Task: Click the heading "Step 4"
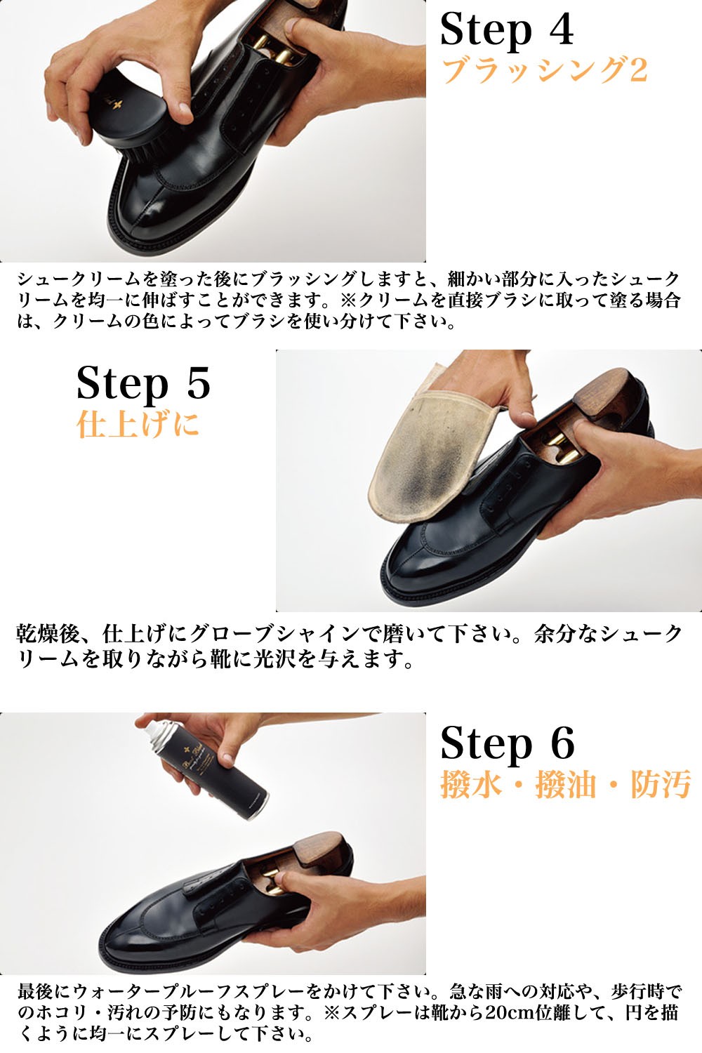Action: tap(506, 29)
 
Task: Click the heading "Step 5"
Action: tap(143, 383)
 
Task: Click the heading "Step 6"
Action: tap(507, 743)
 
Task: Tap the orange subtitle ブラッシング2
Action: tap(544, 70)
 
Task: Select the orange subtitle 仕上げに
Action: tap(138, 424)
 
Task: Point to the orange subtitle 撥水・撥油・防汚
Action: tap(566, 784)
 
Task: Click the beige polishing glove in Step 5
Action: tap(421, 463)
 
